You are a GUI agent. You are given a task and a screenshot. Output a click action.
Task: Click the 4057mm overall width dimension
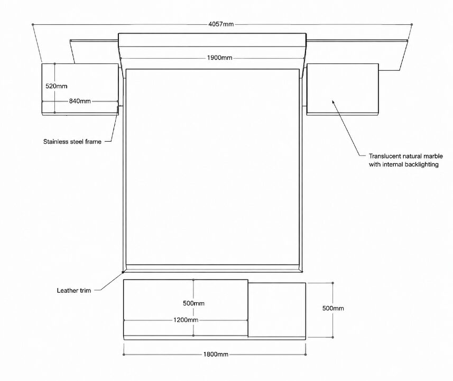(221, 24)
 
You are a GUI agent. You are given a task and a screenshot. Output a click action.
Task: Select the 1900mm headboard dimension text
(219, 58)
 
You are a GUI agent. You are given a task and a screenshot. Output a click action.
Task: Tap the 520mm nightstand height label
(57, 86)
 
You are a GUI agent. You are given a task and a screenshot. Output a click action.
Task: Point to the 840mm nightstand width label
(80, 101)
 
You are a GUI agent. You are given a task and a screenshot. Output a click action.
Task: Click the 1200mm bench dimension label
(186, 320)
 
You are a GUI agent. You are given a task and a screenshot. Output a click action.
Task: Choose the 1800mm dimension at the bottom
(216, 354)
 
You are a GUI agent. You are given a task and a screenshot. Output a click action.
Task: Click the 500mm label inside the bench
(193, 303)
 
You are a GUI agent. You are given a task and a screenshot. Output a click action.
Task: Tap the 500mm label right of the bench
(333, 308)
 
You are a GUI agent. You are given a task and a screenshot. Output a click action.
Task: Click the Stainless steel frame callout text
(72, 142)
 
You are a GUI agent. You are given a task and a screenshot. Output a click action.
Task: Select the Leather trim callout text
(73, 290)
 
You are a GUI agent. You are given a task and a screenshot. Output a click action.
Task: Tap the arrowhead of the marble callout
(332, 101)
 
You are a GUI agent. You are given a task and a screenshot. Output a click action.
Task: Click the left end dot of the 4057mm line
(33, 24)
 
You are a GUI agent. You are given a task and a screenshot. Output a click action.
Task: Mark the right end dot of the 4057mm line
(412, 24)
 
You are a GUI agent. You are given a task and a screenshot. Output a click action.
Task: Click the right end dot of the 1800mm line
(306, 354)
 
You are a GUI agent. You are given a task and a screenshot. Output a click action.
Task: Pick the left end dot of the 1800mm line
(124, 354)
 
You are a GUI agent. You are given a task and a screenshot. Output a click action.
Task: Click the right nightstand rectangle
(343, 88)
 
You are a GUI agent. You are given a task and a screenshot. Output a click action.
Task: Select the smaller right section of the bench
(277, 310)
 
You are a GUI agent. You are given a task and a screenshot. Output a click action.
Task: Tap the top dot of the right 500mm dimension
(333, 283)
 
